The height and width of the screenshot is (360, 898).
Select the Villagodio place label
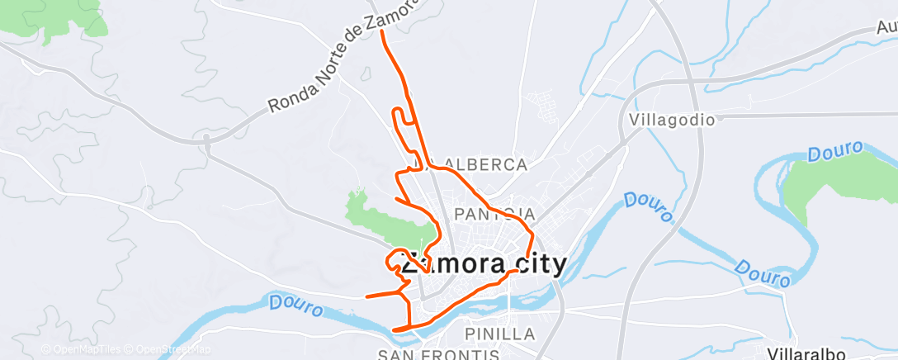point(671,119)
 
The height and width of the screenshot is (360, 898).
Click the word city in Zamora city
point(537,264)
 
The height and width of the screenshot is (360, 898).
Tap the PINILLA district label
point(500,334)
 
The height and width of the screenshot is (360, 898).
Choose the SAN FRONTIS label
point(438,355)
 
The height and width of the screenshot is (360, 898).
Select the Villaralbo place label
point(805,353)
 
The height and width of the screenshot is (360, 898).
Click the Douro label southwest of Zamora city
point(295,305)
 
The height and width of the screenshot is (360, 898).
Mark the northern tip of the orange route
point(382,31)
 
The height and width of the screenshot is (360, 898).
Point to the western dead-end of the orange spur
point(366,295)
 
